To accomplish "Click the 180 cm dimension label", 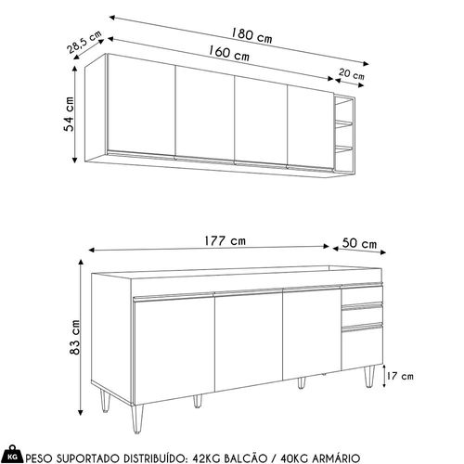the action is tap(251, 36).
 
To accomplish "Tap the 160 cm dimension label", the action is tap(228, 53).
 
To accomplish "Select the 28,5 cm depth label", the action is tap(84, 42).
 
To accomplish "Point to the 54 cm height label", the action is tap(70, 114).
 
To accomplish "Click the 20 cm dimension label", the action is tap(352, 74).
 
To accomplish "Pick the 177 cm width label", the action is tap(225, 241).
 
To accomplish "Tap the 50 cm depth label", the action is tap(359, 243).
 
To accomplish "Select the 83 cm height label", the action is tap(74, 337).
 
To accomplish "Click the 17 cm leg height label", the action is tap(400, 376).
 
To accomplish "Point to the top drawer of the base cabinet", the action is tap(362, 294).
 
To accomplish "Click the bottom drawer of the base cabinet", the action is tap(362, 347).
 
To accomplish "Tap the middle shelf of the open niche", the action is tap(343, 124).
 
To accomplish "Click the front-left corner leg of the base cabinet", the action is tap(136, 419).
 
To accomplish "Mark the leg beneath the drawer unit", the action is tap(369, 377).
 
